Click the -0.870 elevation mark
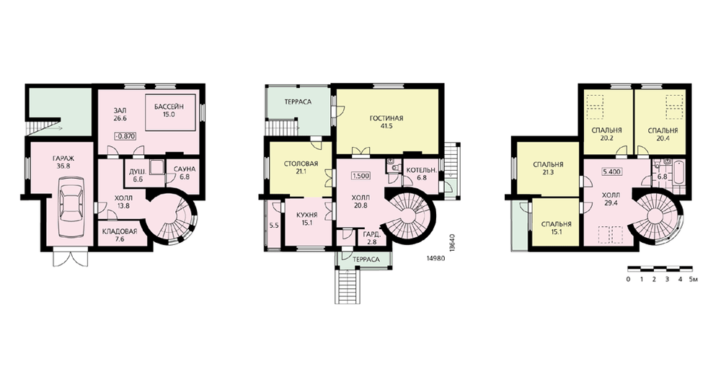coord(125,136)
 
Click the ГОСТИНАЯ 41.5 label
coord(386,122)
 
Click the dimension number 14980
coord(436,259)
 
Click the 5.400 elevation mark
coord(612,172)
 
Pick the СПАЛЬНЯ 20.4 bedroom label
coord(663,134)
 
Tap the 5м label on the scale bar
coord(694,279)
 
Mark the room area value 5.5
coord(274,226)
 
